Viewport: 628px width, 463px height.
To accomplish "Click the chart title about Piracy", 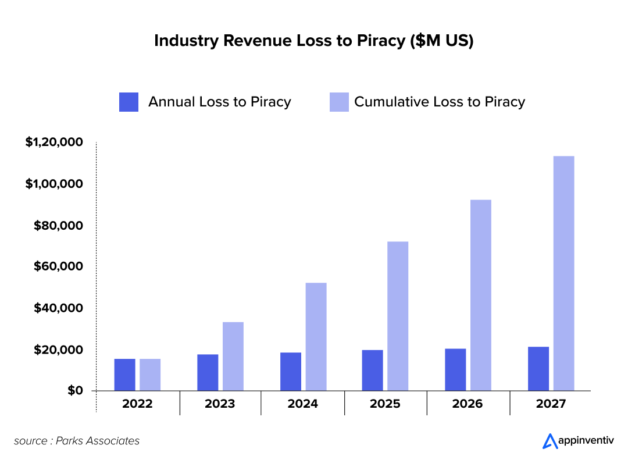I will point(314,41).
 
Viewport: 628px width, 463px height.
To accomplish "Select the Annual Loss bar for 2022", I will point(124,375).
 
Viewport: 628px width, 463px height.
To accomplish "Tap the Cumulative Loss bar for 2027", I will point(563,273).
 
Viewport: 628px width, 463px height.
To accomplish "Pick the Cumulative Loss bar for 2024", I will point(316,337).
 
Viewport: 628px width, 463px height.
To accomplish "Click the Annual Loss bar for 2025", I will point(372,370).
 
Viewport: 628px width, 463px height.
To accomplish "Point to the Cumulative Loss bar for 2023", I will point(233,356).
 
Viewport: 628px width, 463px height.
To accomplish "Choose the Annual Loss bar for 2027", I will point(538,369).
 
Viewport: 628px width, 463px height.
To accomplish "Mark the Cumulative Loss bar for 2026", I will point(480,295).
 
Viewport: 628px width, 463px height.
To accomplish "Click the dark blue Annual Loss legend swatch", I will point(129,102).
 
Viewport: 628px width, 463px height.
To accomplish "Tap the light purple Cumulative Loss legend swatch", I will point(339,102).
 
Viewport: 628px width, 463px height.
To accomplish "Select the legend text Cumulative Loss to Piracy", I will point(440,102).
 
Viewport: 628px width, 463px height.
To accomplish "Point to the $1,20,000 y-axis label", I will point(53,143).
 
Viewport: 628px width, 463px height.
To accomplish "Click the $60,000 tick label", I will point(58,266).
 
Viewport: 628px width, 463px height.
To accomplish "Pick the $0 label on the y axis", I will point(74,390).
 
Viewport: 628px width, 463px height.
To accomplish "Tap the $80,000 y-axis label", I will point(58,225).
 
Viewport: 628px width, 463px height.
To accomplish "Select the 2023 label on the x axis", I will point(220,404).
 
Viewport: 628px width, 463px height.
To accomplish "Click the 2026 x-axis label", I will point(468,404).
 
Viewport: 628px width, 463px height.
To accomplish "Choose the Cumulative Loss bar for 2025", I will point(398,316).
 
